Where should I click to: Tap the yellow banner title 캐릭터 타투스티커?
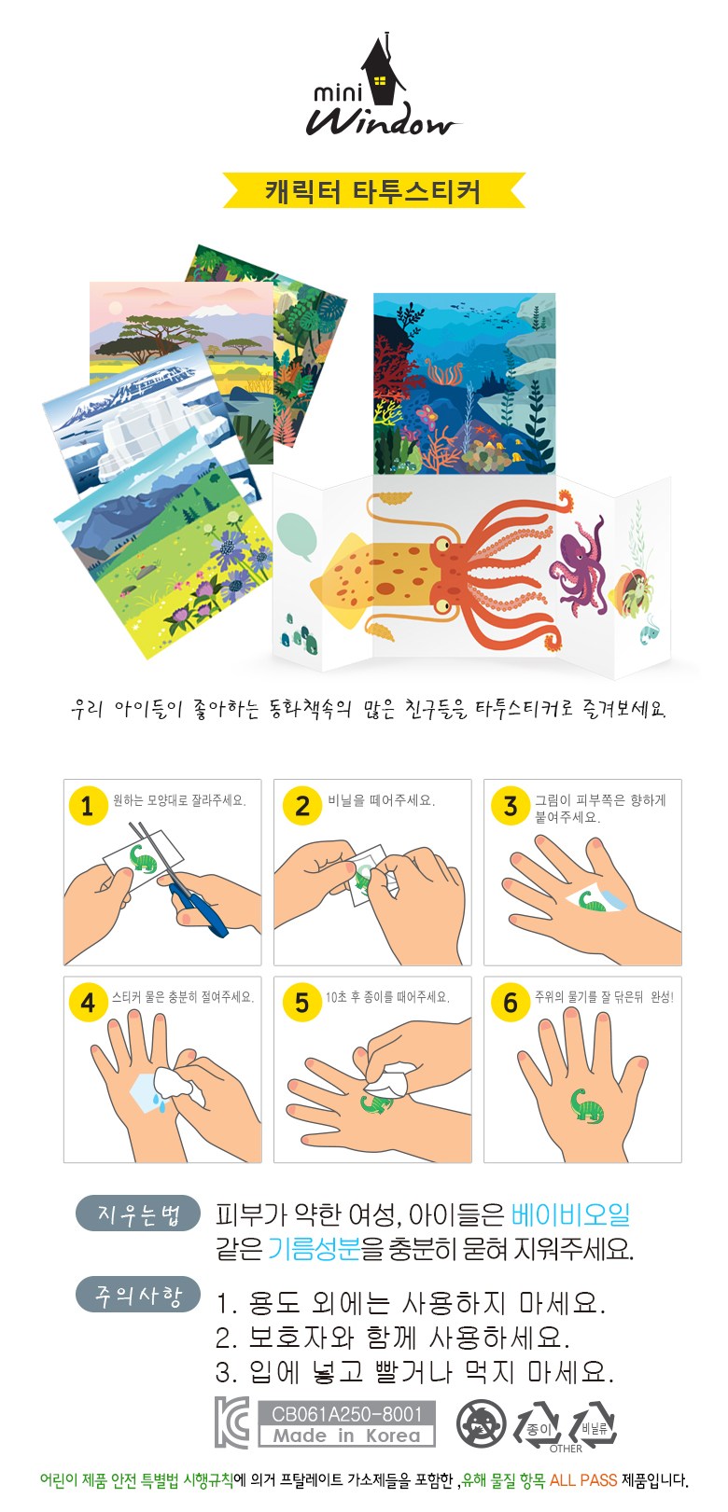coord(373,190)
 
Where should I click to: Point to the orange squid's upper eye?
coord(442,544)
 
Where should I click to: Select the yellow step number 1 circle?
coord(88,805)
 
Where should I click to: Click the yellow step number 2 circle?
coord(301,805)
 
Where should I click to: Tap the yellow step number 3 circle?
coord(510,805)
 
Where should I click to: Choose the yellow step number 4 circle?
coord(88,1003)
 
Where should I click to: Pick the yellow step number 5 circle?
coord(301,1003)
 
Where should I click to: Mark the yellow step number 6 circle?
coord(510,1003)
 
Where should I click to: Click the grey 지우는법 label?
coord(138,1213)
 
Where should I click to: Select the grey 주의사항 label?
coord(138,1294)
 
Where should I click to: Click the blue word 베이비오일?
coord(570,1214)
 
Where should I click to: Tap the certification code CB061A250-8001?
coord(346,1413)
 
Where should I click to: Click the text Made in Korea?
coord(346,1436)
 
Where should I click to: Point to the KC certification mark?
coord(232,1422)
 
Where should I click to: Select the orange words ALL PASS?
coord(582,1480)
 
